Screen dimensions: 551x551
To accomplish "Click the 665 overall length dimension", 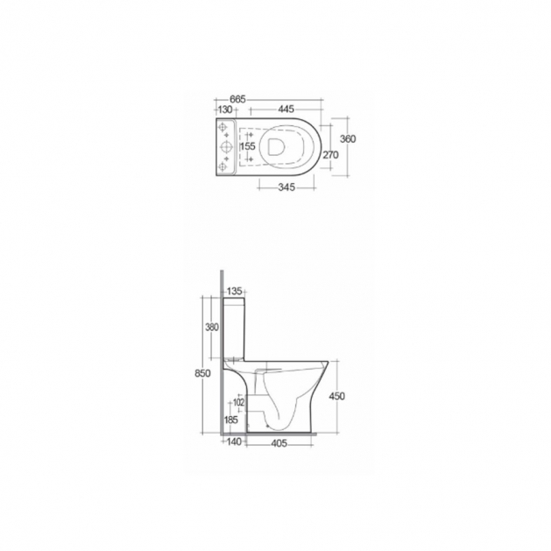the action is [x=238, y=99].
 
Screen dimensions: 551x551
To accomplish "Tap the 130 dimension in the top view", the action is [x=225, y=109].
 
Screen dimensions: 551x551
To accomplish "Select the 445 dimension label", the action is [x=286, y=109].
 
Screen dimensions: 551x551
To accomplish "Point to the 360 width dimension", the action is [x=348, y=138].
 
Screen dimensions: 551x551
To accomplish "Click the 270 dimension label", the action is [x=330, y=155].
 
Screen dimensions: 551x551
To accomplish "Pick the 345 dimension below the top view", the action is [x=286, y=187].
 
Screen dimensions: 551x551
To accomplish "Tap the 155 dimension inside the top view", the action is [x=247, y=145].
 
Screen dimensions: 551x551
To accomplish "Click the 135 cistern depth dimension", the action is [x=235, y=291].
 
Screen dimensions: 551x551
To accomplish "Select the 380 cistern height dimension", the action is [x=212, y=327].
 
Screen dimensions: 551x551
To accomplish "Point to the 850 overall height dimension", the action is [x=202, y=373].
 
